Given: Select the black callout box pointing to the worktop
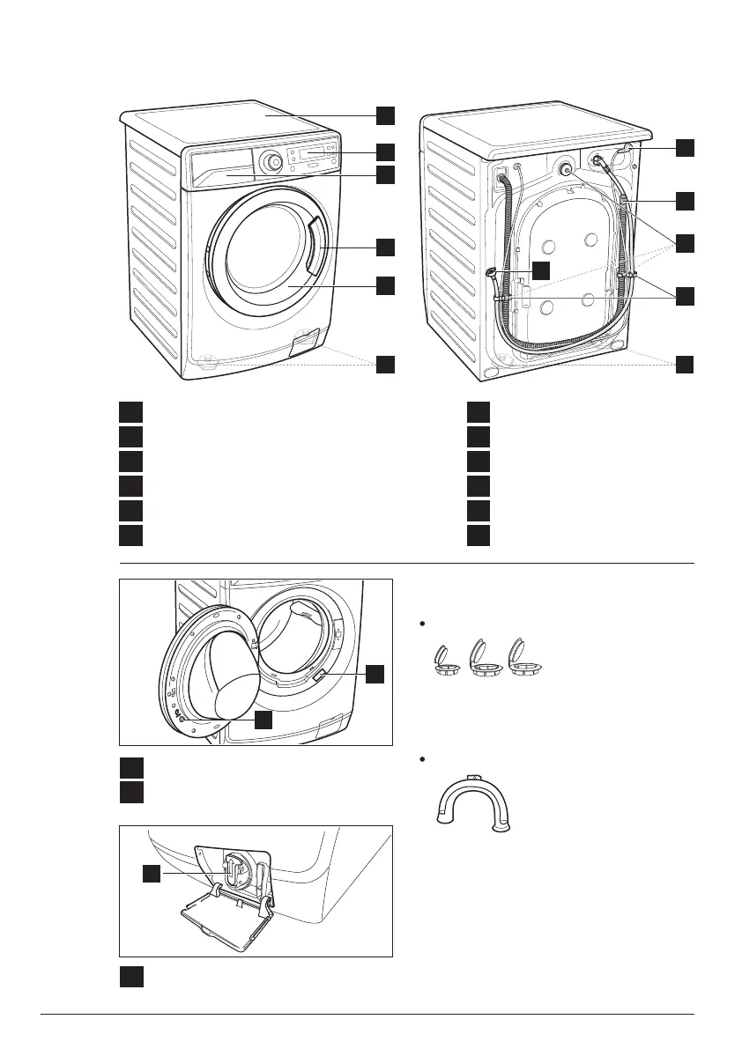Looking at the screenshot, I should coord(385,115).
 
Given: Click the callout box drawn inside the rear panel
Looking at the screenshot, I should coord(541,270).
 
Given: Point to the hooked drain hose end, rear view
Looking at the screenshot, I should coord(491,273).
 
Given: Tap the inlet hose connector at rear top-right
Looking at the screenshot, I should coord(602,161).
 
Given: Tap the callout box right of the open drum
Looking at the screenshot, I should coord(375,674).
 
